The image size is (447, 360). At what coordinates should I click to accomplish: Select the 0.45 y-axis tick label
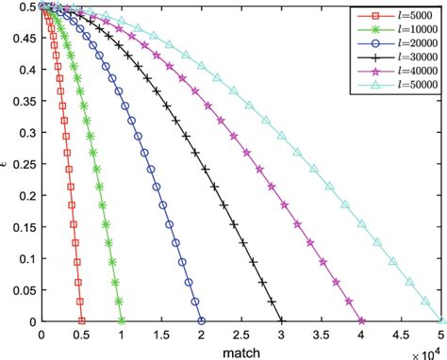(x=25, y=38)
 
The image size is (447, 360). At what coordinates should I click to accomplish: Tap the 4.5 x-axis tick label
(x=402, y=335)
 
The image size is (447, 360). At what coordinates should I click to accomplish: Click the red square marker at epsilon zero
(x=81, y=321)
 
